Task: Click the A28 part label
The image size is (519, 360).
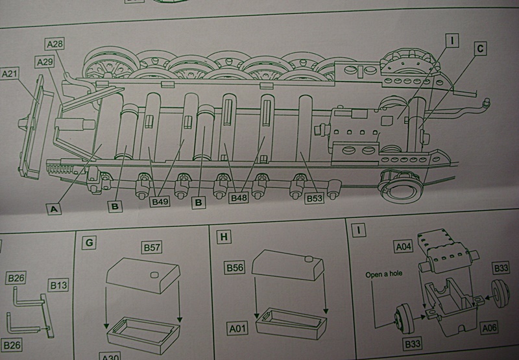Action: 54,44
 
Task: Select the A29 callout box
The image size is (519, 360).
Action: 45,62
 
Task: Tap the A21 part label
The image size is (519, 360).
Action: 9,73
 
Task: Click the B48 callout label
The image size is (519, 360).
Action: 239,198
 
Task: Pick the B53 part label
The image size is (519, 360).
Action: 315,198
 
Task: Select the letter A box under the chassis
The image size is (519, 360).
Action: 54,209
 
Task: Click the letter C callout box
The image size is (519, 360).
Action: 480,49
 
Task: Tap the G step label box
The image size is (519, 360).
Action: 89,243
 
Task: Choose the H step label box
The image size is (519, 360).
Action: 224,237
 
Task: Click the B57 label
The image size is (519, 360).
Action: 152,247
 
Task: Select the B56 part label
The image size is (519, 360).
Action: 235,267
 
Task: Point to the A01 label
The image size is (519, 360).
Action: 238,328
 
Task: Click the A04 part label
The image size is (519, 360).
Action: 404,246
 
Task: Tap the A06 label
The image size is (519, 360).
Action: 489,328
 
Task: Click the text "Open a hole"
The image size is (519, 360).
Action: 384,274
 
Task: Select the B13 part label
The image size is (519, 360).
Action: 58,285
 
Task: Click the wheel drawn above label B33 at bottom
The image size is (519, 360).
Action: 404,318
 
